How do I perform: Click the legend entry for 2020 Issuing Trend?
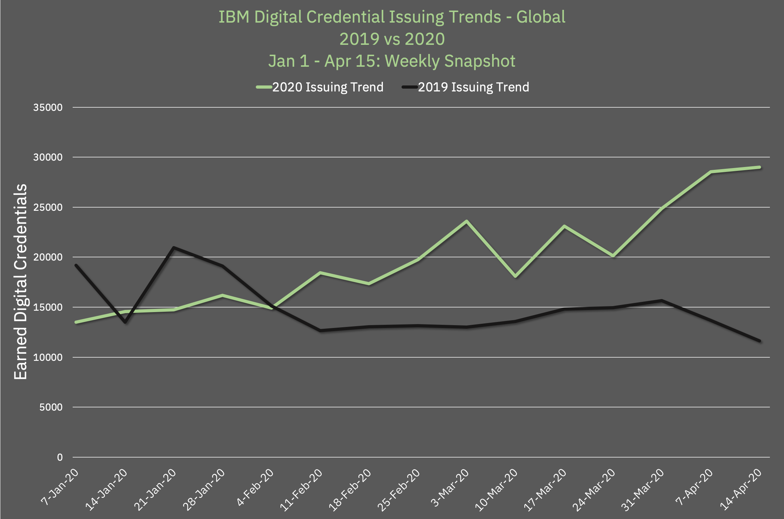(x=327, y=87)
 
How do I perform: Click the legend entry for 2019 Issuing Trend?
(x=473, y=87)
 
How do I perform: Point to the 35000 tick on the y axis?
(x=48, y=107)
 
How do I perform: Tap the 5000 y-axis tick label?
(x=51, y=407)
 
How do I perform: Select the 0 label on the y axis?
(x=60, y=458)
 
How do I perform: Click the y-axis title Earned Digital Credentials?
(x=20, y=281)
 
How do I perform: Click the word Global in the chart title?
(x=541, y=17)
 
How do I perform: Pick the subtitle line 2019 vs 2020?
(x=392, y=39)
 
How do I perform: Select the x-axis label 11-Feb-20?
(x=301, y=490)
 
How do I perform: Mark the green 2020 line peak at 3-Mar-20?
(x=466, y=221)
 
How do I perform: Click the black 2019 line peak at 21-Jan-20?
(x=174, y=247)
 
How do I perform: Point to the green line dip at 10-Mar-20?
(x=515, y=276)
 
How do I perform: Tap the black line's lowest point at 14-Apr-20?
(x=759, y=341)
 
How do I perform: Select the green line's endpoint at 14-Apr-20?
(x=759, y=167)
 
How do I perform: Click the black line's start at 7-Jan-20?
(x=76, y=265)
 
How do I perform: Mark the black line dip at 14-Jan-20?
(x=125, y=322)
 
